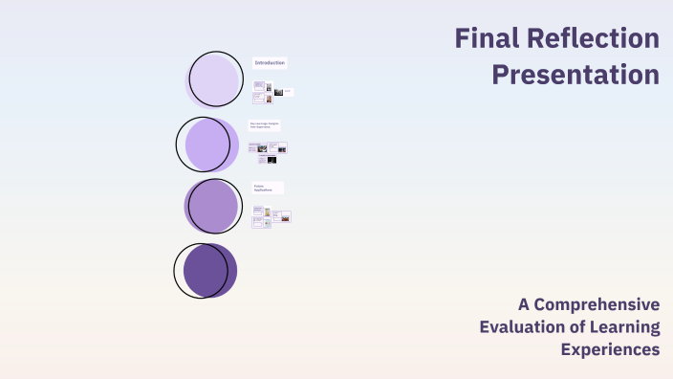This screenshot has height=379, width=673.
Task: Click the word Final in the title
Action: [x=484, y=39]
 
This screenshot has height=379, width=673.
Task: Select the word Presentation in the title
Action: [x=575, y=74]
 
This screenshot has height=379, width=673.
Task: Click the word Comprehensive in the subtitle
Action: [x=597, y=304]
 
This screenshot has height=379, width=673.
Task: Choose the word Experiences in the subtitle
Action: [x=610, y=350]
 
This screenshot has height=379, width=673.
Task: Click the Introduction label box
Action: [x=270, y=62]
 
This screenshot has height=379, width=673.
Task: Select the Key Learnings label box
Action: [x=265, y=124]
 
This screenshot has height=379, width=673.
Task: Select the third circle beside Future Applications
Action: [x=212, y=207]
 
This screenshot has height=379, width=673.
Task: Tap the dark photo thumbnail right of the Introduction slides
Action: [x=278, y=92]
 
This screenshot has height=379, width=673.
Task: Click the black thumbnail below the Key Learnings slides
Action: [x=272, y=160]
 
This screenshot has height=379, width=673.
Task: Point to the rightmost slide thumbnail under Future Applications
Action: [x=283, y=216]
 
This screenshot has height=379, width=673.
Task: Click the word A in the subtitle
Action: [x=524, y=304]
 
